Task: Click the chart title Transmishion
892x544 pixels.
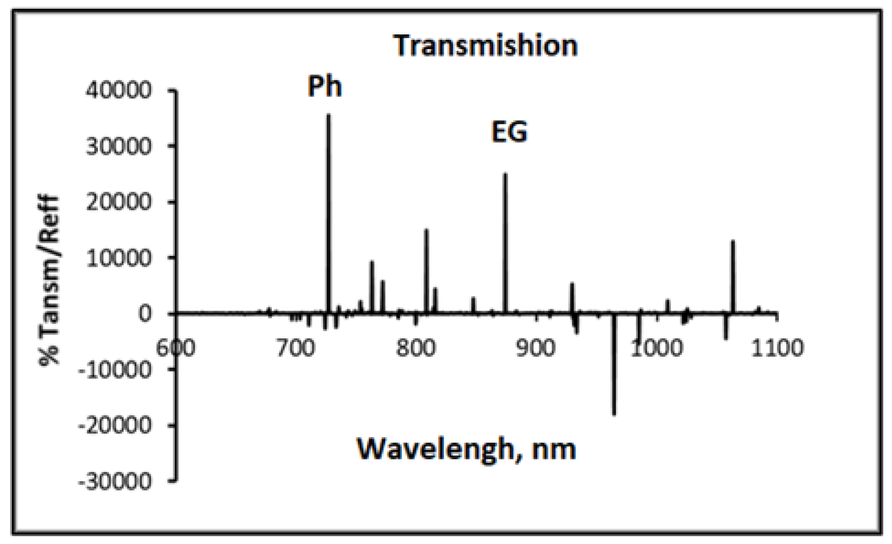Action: (x=486, y=46)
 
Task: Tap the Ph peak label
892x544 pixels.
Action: (x=324, y=86)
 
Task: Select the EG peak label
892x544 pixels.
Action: (x=509, y=131)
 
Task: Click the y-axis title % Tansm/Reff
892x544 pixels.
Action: (x=49, y=280)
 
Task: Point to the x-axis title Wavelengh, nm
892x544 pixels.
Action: (x=466, y=449)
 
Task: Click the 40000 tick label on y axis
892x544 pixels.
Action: (x=118, y=90)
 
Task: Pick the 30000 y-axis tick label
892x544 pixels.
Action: (x=118, y=147)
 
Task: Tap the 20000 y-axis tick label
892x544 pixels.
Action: (x=118, y=202)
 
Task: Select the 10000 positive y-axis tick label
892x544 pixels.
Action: (x=118, y=259)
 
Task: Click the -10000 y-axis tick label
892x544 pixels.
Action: (x=114, y=370)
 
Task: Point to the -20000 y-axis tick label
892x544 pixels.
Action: (x=114, y=426)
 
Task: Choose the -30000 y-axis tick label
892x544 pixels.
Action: (x=114, y=482)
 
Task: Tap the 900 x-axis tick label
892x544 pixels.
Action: (x=536, y=349)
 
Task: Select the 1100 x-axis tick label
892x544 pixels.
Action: (x=777, y=349)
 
